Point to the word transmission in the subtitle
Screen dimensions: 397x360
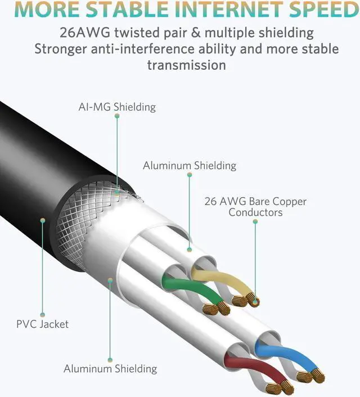[x=186, y=65]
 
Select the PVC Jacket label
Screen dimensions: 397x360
[x=43, y=324]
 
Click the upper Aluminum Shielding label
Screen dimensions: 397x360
[x=189, y=166]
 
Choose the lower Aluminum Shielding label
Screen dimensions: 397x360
[x=110, y=369]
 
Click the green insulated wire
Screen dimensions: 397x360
[x=186, y=288]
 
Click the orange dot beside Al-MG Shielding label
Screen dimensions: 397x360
[x=117, y=115]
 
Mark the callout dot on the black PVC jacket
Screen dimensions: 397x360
[x=43, y=221]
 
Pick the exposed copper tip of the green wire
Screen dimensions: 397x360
[x=219, y=307]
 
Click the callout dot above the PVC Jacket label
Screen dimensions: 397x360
[x=43, y=314]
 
